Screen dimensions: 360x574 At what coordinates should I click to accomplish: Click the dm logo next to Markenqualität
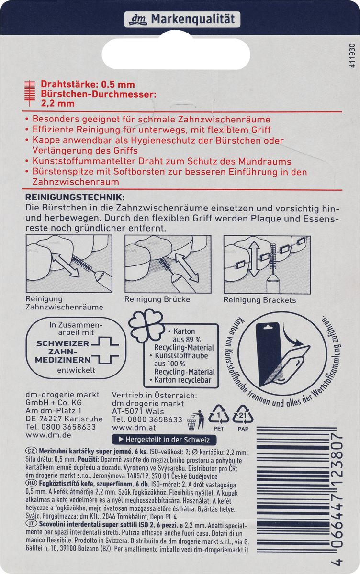click(138, 20)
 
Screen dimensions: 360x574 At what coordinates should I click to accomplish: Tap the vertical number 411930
click(353, 55)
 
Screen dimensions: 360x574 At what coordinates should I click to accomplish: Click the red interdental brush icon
click(30, 93)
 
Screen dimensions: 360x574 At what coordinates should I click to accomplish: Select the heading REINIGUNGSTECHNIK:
click(75, 197)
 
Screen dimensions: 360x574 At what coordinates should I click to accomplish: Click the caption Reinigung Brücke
click(157, 299)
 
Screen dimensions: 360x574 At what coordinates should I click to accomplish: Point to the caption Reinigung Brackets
click(260, 300)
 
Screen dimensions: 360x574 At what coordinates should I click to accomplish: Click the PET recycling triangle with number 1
click(219, 415)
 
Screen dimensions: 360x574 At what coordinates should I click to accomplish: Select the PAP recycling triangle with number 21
click(243, 415)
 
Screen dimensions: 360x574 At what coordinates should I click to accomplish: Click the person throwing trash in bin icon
click(196, 420)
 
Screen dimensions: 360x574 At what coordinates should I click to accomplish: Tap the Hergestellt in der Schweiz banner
click(164, 440)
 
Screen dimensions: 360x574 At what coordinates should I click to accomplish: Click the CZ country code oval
click(31, 451)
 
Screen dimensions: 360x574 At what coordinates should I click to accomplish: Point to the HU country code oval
click(31, 483)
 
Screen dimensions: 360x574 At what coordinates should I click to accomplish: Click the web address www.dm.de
click(48, 435)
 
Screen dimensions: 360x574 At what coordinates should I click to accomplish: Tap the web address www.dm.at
click(134, 428)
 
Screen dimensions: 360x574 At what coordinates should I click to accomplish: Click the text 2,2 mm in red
click(58, 103)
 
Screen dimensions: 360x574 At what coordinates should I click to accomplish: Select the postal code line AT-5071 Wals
click(138, 411)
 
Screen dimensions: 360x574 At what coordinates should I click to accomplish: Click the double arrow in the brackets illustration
click(254, 259)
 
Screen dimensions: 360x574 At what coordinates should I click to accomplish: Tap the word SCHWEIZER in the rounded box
click(63, 343)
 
